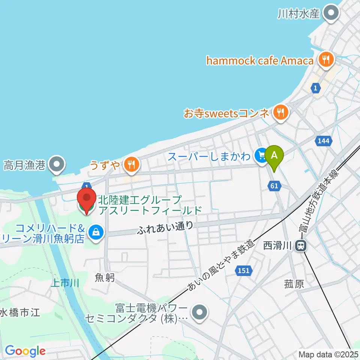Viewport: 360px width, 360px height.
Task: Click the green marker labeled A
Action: [274, 155]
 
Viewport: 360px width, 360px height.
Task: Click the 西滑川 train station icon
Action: [300, 246]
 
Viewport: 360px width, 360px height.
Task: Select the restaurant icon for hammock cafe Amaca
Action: [324, 59]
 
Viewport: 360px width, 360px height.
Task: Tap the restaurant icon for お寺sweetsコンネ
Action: [280, 111]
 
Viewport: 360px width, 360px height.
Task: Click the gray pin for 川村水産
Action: [331, 13]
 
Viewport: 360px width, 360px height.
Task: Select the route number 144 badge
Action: [324, 141]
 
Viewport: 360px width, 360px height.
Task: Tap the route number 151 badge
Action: [243, 270]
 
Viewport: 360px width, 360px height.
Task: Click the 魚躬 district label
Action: [105, 277]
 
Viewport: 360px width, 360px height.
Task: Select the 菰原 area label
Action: [294, 284]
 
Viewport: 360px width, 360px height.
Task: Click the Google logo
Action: [25, 351]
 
